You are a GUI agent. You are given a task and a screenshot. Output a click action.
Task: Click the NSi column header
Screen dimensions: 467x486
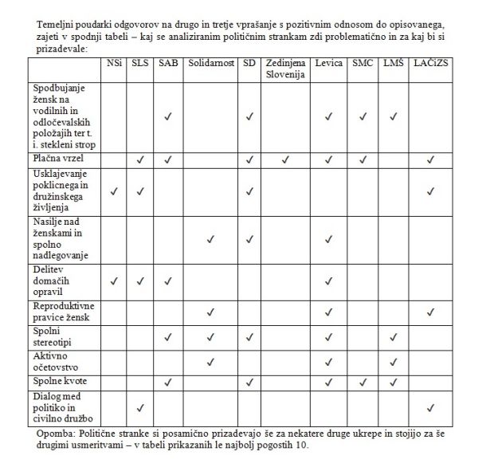(x=115, y=62)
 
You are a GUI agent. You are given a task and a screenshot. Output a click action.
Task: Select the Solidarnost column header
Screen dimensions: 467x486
(x=210, y=62)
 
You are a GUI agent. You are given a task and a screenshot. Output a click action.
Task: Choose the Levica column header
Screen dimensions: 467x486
(x=328, y=62)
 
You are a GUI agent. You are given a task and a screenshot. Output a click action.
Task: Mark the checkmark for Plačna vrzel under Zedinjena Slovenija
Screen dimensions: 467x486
(x=286, y=159)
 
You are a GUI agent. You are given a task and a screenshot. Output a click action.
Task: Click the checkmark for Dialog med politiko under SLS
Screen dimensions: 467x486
(x=140, y=408)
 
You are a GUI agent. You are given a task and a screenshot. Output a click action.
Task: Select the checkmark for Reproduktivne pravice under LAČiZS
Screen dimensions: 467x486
(x=431, y=312)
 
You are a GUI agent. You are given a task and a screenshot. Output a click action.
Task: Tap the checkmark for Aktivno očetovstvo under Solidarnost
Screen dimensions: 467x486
(x=210, y=363)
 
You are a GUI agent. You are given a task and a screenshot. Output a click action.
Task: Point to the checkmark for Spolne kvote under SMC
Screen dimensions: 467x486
(x=363, y=382)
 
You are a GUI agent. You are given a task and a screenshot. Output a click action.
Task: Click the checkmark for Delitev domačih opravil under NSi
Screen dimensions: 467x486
(x=115, y=281)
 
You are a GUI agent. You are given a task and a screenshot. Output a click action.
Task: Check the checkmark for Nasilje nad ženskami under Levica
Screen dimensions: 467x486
(x=327, y=238)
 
